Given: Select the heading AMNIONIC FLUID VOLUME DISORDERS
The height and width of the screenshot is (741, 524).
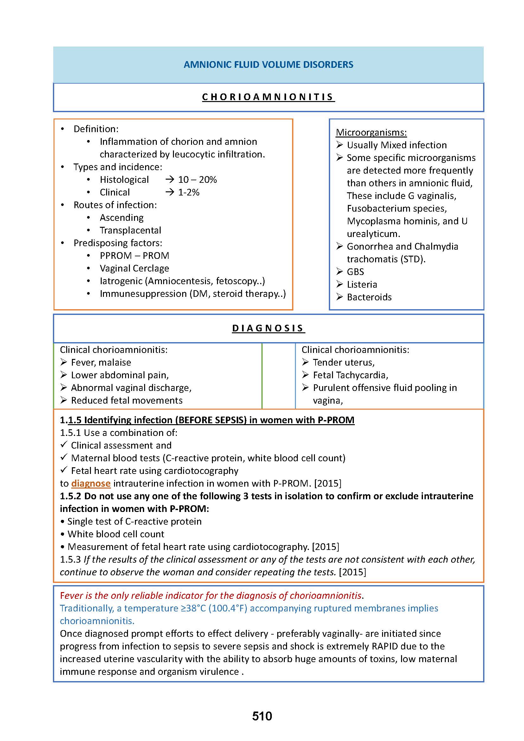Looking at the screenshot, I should click(268, 65).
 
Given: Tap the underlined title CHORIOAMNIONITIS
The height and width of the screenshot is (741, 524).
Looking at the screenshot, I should click(268, 97).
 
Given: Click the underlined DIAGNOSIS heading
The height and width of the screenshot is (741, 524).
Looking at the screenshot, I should click(268, 328).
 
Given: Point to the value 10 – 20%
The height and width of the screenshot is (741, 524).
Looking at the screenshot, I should click(197, 180).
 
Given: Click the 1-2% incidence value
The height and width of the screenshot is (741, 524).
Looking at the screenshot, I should click(189, 192).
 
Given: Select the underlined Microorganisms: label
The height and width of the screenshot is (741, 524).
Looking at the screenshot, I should click(371, 132).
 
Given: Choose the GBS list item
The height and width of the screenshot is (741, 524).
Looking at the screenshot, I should click(355, 272).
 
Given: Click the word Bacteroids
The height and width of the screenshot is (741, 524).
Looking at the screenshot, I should click(369, 297).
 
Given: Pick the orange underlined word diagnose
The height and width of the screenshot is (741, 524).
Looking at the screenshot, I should click(91, 483).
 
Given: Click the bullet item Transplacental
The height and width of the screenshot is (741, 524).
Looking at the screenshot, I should click(130, 230).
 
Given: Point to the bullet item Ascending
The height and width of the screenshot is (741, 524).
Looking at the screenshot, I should click(121, 218).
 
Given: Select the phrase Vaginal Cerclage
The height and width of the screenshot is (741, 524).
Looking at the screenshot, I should click(134, 269).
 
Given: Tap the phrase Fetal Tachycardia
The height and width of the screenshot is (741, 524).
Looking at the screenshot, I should click(350, 375).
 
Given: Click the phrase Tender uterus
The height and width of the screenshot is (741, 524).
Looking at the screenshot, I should click(344, 362).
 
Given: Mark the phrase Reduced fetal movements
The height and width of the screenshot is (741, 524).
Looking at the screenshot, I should click(127, 400).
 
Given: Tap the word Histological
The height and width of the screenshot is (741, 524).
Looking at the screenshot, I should click(124, 180).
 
